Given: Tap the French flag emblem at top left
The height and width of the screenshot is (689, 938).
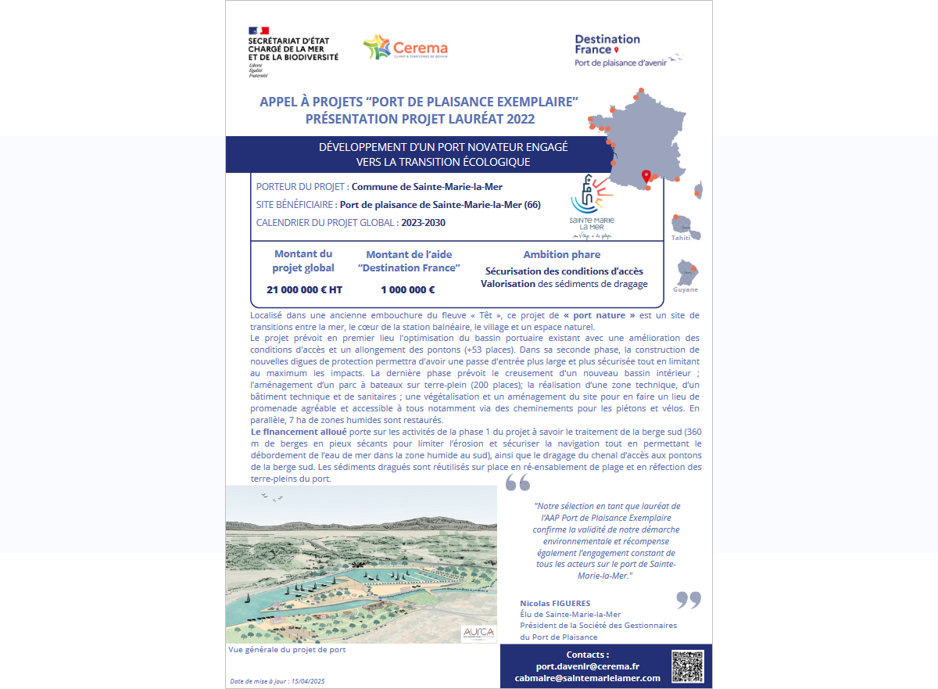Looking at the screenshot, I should point(259,31).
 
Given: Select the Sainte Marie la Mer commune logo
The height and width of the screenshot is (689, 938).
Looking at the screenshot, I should point(592,204).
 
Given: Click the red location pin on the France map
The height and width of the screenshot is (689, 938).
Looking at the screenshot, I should point(646,177).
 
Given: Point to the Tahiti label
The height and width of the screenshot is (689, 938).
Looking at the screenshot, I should point(681,237).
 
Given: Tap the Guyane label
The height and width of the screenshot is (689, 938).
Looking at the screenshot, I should point(686,289).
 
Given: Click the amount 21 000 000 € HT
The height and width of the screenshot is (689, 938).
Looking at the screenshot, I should point(304,289).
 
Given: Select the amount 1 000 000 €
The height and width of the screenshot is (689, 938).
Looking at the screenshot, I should point(408,289).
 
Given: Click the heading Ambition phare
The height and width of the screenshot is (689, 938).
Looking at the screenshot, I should point(561,254).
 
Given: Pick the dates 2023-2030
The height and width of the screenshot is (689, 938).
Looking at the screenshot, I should point(424,223).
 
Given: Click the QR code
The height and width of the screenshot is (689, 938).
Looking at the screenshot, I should point(687,666).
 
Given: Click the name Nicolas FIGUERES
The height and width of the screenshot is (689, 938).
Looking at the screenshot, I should point(555,603).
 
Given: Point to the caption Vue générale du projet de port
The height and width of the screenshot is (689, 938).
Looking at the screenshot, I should point(287,649).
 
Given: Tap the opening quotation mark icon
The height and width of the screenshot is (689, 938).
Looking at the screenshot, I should point(517,483).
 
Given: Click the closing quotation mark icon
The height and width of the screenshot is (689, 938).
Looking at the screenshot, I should point(688,600).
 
